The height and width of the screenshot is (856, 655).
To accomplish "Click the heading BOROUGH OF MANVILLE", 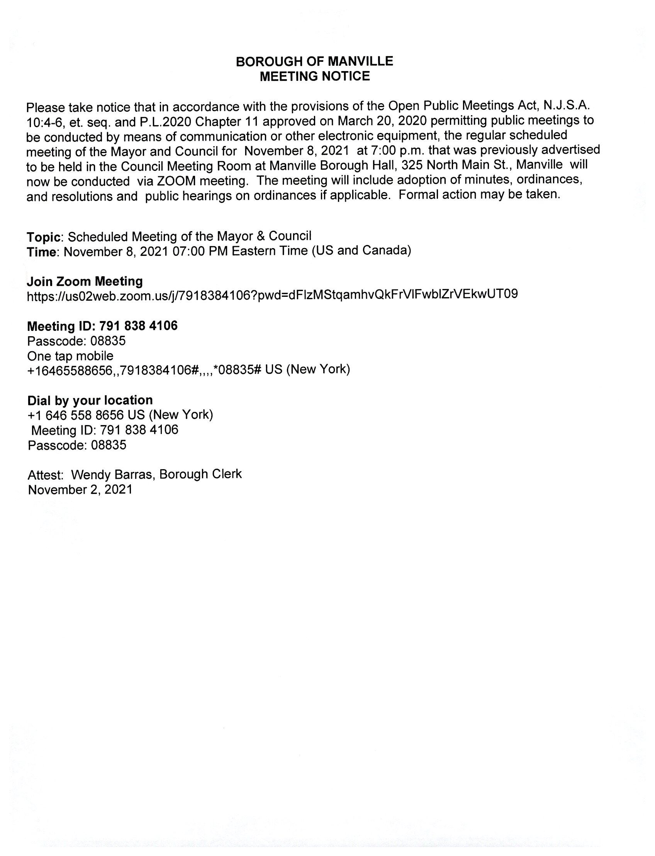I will click(315, 61).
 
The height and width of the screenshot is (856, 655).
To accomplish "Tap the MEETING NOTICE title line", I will click(315, 76).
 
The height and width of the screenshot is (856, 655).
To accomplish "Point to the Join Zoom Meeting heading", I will click(85, 281).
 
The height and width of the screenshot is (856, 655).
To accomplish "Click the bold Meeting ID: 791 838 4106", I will click(102, 326).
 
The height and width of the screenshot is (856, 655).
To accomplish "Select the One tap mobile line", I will click(70, 356).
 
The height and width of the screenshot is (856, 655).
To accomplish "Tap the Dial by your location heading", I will click(90, 400).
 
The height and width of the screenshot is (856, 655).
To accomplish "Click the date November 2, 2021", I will click(80, 490).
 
